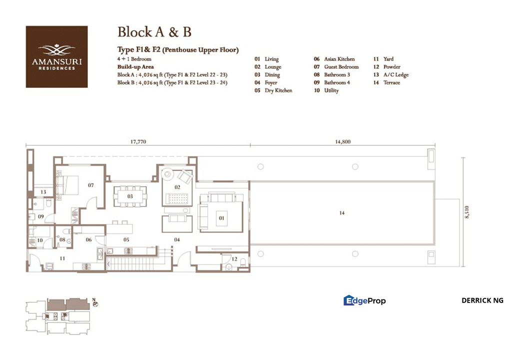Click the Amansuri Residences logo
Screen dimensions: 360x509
coord(56,57)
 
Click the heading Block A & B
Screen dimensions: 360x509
coord(154,32)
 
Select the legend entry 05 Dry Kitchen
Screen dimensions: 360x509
coord(273,90)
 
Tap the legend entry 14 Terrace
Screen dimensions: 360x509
coord(386,82)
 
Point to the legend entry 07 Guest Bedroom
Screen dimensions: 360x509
coord(336,66)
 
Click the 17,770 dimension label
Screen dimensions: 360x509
coord(138,142)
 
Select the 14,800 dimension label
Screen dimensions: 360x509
coord(342,142)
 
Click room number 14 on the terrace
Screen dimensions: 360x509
coord(342,213)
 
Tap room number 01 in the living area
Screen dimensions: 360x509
coord(220,218)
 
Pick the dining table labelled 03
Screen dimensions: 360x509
coord(130,196)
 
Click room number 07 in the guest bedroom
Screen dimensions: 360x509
coord(90,185)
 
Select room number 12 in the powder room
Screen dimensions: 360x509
coord(234,258)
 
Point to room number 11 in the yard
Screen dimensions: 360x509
coord(62,258)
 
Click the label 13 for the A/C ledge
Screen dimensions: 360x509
coord(43,192)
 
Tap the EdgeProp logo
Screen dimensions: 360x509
coord(364,300)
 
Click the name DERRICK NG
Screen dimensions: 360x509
coord(482,300)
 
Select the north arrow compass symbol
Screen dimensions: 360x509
coord(95,303)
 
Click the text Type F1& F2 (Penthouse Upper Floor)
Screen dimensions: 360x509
coord(177,50)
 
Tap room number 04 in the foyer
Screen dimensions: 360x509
coord(177,239)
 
